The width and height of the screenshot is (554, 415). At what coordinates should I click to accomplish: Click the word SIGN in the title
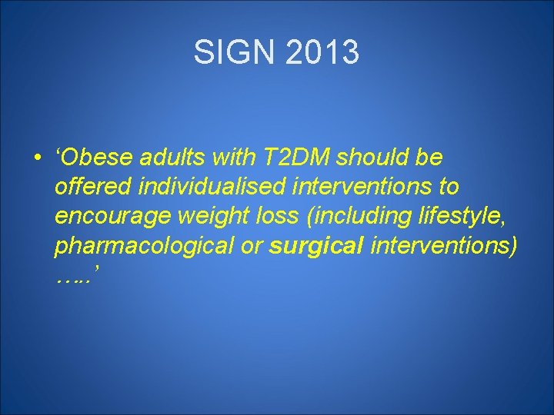[x=232, y=53]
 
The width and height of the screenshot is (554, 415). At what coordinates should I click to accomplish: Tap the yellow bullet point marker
[x=37, y=158]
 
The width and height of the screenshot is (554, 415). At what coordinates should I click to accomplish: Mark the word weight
[x=210, y=217]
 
